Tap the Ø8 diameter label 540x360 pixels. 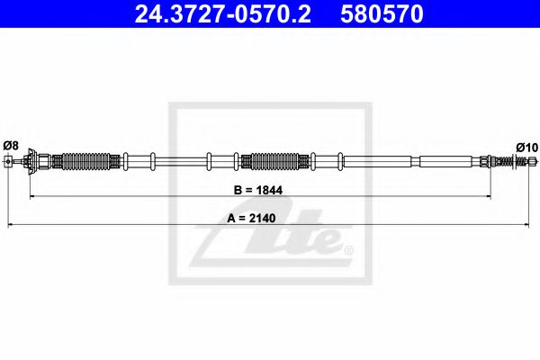pos(11,145)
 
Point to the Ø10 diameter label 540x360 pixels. pos(526,146)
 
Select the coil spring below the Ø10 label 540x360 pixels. pos(518,162)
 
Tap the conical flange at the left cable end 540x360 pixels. pos(33,162)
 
